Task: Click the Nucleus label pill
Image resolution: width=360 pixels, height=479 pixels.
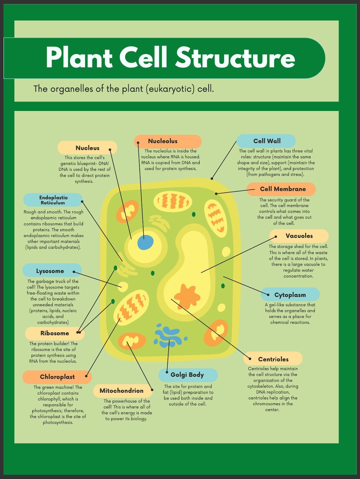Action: tap(87, 148)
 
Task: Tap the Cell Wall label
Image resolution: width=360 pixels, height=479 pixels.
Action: tap(266, 141)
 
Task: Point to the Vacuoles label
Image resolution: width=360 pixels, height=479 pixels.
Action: tap(299, 236)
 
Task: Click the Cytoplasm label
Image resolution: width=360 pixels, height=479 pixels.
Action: tap(290, 295)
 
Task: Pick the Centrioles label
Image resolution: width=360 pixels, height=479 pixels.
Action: tap(273, 359)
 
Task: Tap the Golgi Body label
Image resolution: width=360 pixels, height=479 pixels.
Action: tap(188, 375)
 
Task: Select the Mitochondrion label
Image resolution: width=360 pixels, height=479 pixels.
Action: tap(122, 391)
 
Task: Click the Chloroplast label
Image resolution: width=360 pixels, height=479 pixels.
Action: tap(57, 377)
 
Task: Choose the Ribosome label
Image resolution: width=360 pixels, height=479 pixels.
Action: tap(55, 333)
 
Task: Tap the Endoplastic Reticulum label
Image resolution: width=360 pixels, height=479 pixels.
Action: tap(53, 200)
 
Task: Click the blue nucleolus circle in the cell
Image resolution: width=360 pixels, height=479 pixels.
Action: tap(145, 242)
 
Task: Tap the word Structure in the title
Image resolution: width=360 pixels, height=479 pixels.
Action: tap(235, 58)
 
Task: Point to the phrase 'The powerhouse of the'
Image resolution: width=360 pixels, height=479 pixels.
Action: tap(127, 401)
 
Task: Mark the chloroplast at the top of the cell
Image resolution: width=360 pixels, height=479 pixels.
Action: tap(173, 202)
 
